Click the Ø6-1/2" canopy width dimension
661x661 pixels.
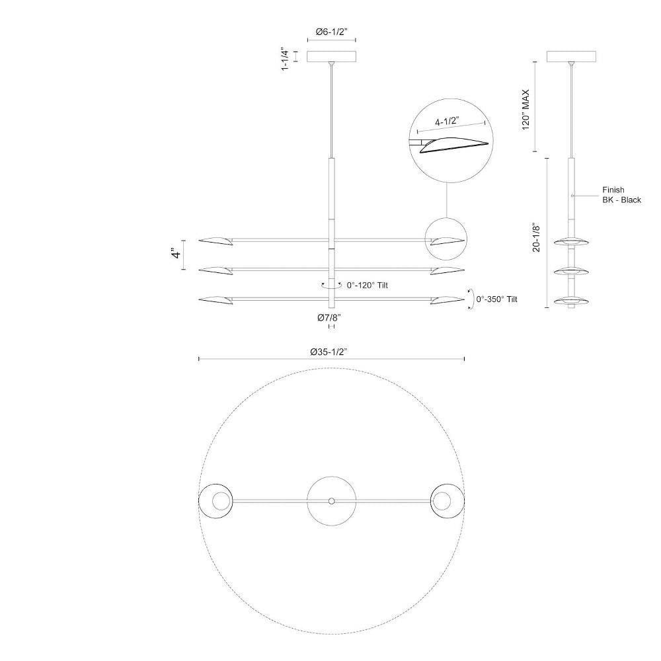click(331, 32)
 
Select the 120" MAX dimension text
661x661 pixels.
click(525, 110)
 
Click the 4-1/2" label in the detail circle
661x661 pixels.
click(446, 122)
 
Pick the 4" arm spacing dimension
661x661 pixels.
click(176, 254)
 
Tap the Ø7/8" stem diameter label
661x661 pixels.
click(329, 318)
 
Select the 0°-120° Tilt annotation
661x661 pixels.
click(367, 286)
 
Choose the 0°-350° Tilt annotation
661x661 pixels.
click(496, 299)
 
